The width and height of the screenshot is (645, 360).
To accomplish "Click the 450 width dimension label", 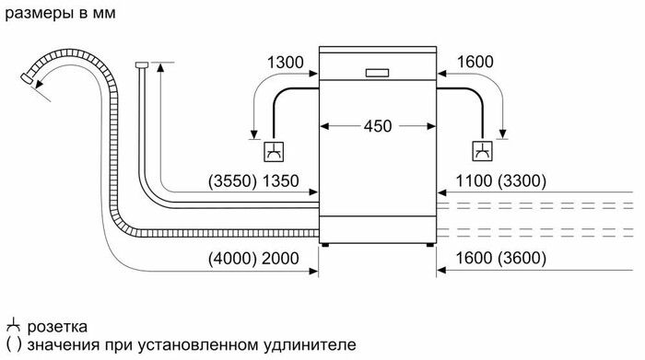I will tap(378, 125).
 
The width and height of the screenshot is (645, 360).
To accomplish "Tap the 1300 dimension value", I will tap(285, 62).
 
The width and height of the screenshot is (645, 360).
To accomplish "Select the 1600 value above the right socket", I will tap(475, 62).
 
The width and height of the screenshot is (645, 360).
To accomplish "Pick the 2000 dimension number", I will tap(281, 259).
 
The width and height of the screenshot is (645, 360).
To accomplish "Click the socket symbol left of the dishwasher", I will tap(275, 150).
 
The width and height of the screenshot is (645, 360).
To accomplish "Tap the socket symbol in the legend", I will tap(12, 325).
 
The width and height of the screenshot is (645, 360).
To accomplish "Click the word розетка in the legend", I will tap(57, 326).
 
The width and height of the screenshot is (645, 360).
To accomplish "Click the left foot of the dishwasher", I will tap(325, 244).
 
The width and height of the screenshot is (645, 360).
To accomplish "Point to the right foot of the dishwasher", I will tap(430, 244).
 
